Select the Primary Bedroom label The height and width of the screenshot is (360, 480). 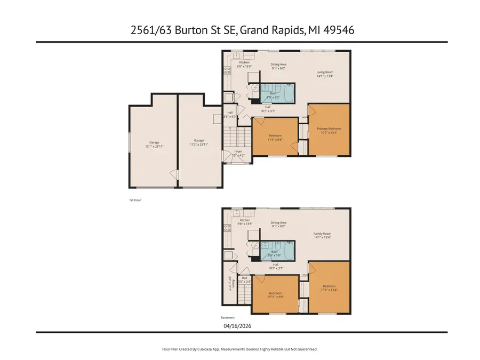329,131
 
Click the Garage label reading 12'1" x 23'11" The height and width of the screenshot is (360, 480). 154,144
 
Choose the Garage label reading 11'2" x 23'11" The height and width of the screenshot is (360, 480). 199,144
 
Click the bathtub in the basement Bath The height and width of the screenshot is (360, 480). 288,250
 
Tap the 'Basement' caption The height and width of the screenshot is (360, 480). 227,317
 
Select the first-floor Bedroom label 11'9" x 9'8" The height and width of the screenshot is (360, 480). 275,137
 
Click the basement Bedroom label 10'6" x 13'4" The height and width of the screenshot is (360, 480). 329,289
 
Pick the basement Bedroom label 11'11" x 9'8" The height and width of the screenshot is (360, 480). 275,295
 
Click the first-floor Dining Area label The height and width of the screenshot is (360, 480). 278,66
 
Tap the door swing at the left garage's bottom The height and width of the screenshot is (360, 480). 172,175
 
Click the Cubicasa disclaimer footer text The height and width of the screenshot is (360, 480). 240,349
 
